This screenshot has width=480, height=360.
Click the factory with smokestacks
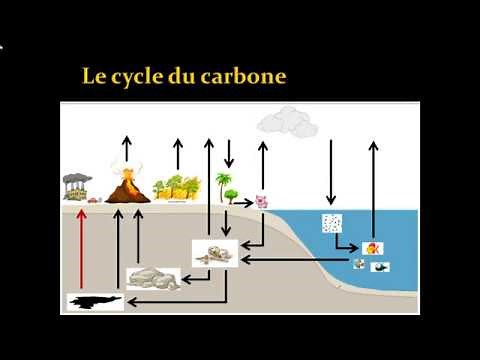pyautogui.click(x=80, y=187)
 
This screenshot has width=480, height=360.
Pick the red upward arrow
pyautogui.click(x=83, y=250)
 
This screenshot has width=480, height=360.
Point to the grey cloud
pyautogui.click(x=288, y=124)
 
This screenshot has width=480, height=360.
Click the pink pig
pyautogui.click(x=262, y=201)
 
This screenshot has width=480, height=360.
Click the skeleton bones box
pyautogui.click(x=214, y=254)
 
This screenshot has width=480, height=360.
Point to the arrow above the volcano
pyautogui.click(x=126, y=150)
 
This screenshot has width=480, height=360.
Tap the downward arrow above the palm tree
pyautogui.click(x=229, y=153)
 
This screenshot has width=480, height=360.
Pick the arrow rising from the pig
pyautogui.click(x=263, y=163)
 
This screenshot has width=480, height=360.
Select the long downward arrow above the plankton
pyautogui.click(x=331, y=172)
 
